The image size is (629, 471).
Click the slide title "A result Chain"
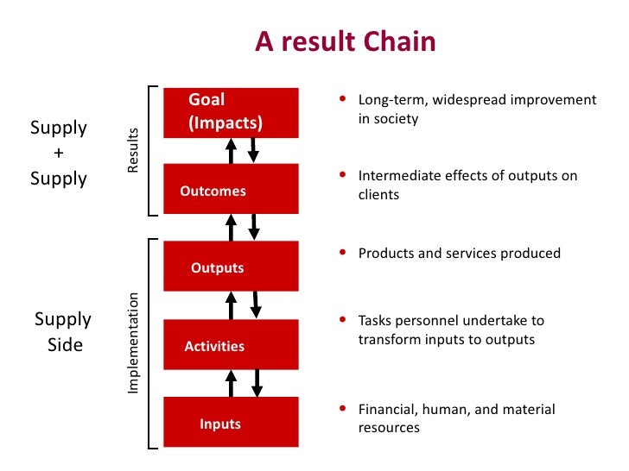(346, 41)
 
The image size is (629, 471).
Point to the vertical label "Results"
(132, 151)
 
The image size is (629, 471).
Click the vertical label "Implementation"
(133, 343)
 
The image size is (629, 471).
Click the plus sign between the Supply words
(59, 154)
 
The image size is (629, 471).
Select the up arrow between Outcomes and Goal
(231, 151)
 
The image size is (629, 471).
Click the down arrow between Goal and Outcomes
(253, 149)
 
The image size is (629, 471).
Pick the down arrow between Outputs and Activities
(255, 305)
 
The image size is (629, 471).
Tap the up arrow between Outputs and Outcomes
(231, 228)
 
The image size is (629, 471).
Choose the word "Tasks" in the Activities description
(374, 321)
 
